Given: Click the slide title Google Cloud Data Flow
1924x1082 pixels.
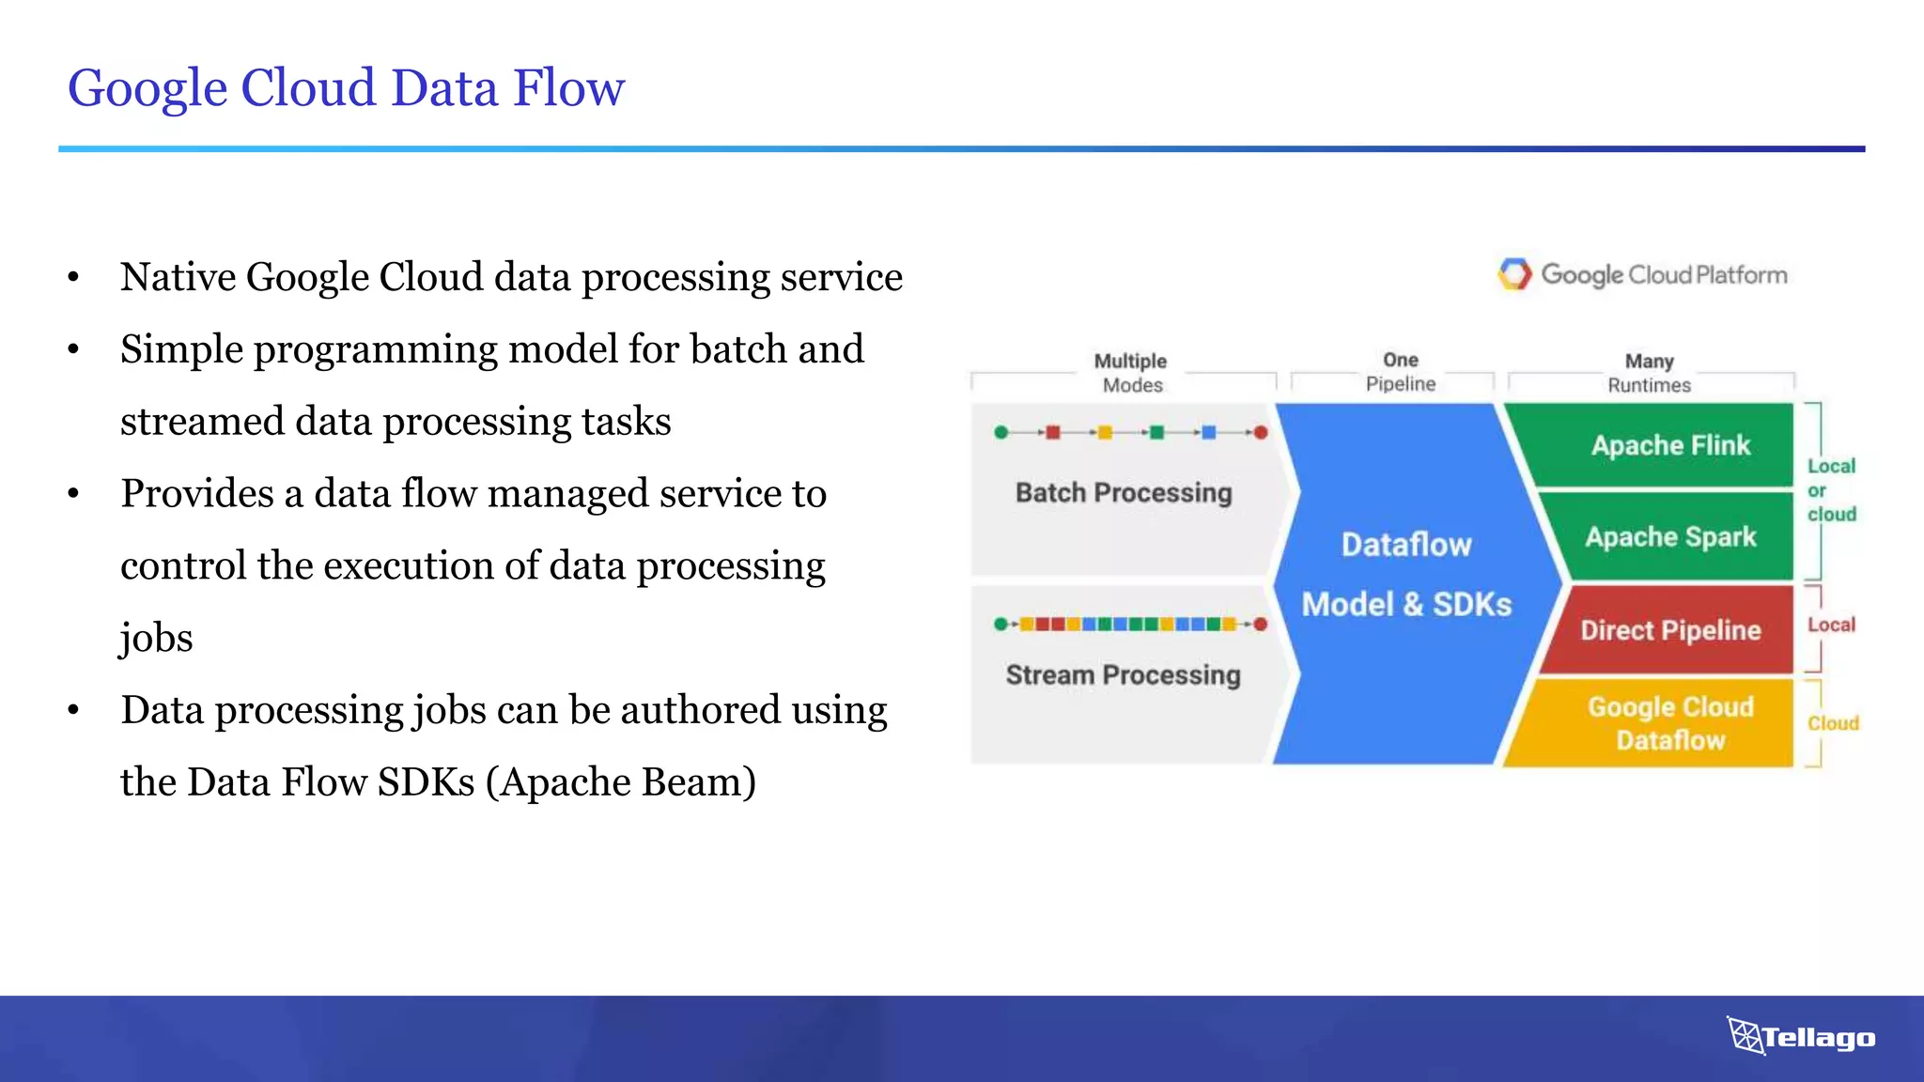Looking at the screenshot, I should click(x=346, y=88).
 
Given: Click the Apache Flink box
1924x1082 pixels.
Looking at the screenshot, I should click(x=1669, y=445).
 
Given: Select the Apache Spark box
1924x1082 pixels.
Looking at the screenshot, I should click(x=1670, y=537).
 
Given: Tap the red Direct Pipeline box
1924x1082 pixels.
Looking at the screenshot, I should click(x=1669, y=630).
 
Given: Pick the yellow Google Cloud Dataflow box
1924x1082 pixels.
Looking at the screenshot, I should click(x=1669, y=723).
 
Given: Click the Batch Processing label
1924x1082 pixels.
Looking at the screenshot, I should click(x=1124, y=493).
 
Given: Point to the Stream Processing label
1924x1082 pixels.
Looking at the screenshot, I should click(x=1123, y=675).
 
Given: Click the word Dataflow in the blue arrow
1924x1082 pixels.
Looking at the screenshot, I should click(x=1405, y=545).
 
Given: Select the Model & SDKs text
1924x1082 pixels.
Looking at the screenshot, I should click(x=1406, y=605).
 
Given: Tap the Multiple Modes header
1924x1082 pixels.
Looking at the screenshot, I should click(x=1131, y=373).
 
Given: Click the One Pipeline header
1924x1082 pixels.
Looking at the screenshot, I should click(x=1400, y=372).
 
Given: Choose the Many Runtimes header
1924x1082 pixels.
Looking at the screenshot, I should click(x=1649, y=373).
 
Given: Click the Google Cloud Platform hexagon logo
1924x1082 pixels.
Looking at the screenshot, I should click(x=1514, y=274).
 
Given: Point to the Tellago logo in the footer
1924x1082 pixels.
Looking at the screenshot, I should click(x=1801, y=1037).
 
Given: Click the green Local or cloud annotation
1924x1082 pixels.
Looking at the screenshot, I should click(x=1831, y=490).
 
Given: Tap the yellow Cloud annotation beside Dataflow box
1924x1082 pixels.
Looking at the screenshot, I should click(x=1833, y=723).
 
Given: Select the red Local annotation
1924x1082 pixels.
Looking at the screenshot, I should click(x=1831, y=625).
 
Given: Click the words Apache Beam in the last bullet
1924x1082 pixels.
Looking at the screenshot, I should click(x=621, y=782).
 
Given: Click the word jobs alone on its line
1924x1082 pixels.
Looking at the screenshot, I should click(x=157, y=639).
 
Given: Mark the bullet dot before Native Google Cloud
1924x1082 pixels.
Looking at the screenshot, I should click(x=73, y=278).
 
